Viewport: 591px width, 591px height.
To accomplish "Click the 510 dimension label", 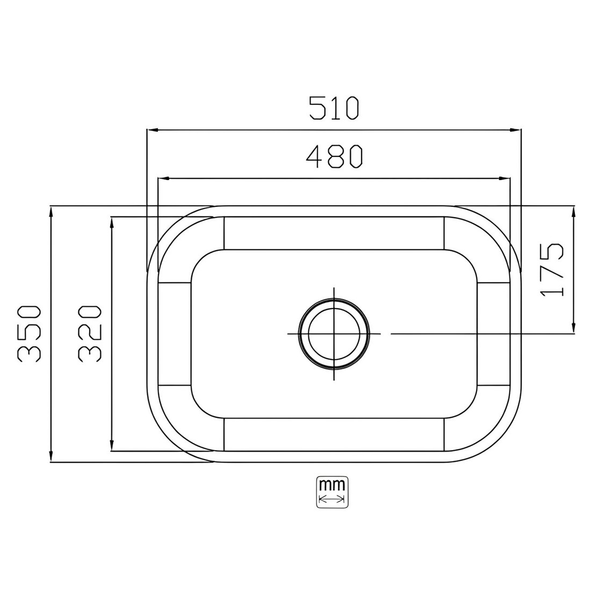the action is [x=334, y=108].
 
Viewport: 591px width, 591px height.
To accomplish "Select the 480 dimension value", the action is [x=334, y=156].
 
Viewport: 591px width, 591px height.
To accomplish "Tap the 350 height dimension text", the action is [x=28, y=334].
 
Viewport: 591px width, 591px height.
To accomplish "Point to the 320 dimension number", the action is [x=90, y=334].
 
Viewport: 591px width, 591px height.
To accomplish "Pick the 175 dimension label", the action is [x=552, y=270].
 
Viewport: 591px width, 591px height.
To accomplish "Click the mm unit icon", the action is [x=332, y=492].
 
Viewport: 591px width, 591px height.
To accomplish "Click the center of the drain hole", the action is [x=334, y=334].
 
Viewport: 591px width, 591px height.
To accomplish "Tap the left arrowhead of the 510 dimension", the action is [x=152, y=130].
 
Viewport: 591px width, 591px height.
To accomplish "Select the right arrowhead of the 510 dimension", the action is [x=516, y=130].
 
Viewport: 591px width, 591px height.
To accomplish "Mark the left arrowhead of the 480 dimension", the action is [x=163, y=179].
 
